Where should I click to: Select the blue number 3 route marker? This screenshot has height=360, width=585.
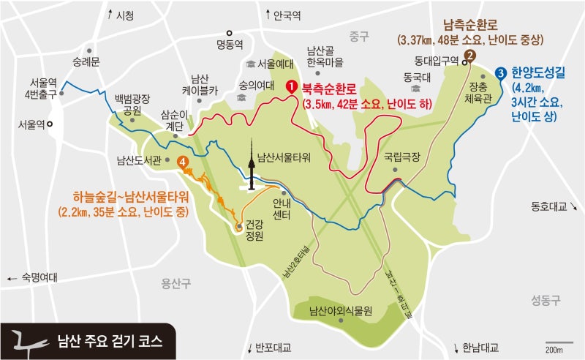pos(500,73)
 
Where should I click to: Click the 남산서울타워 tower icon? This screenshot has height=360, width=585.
pos(253,165)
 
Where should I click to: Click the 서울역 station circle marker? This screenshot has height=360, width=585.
pos(50,124)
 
